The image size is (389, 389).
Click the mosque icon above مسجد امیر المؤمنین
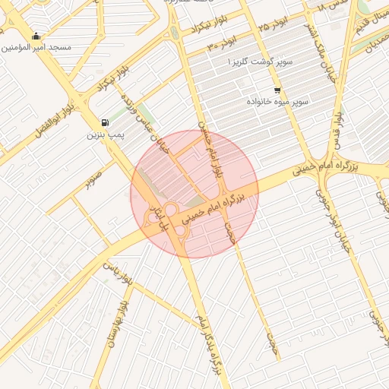[x=36, y=36]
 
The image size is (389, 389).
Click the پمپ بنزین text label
[x=103, y=134]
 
